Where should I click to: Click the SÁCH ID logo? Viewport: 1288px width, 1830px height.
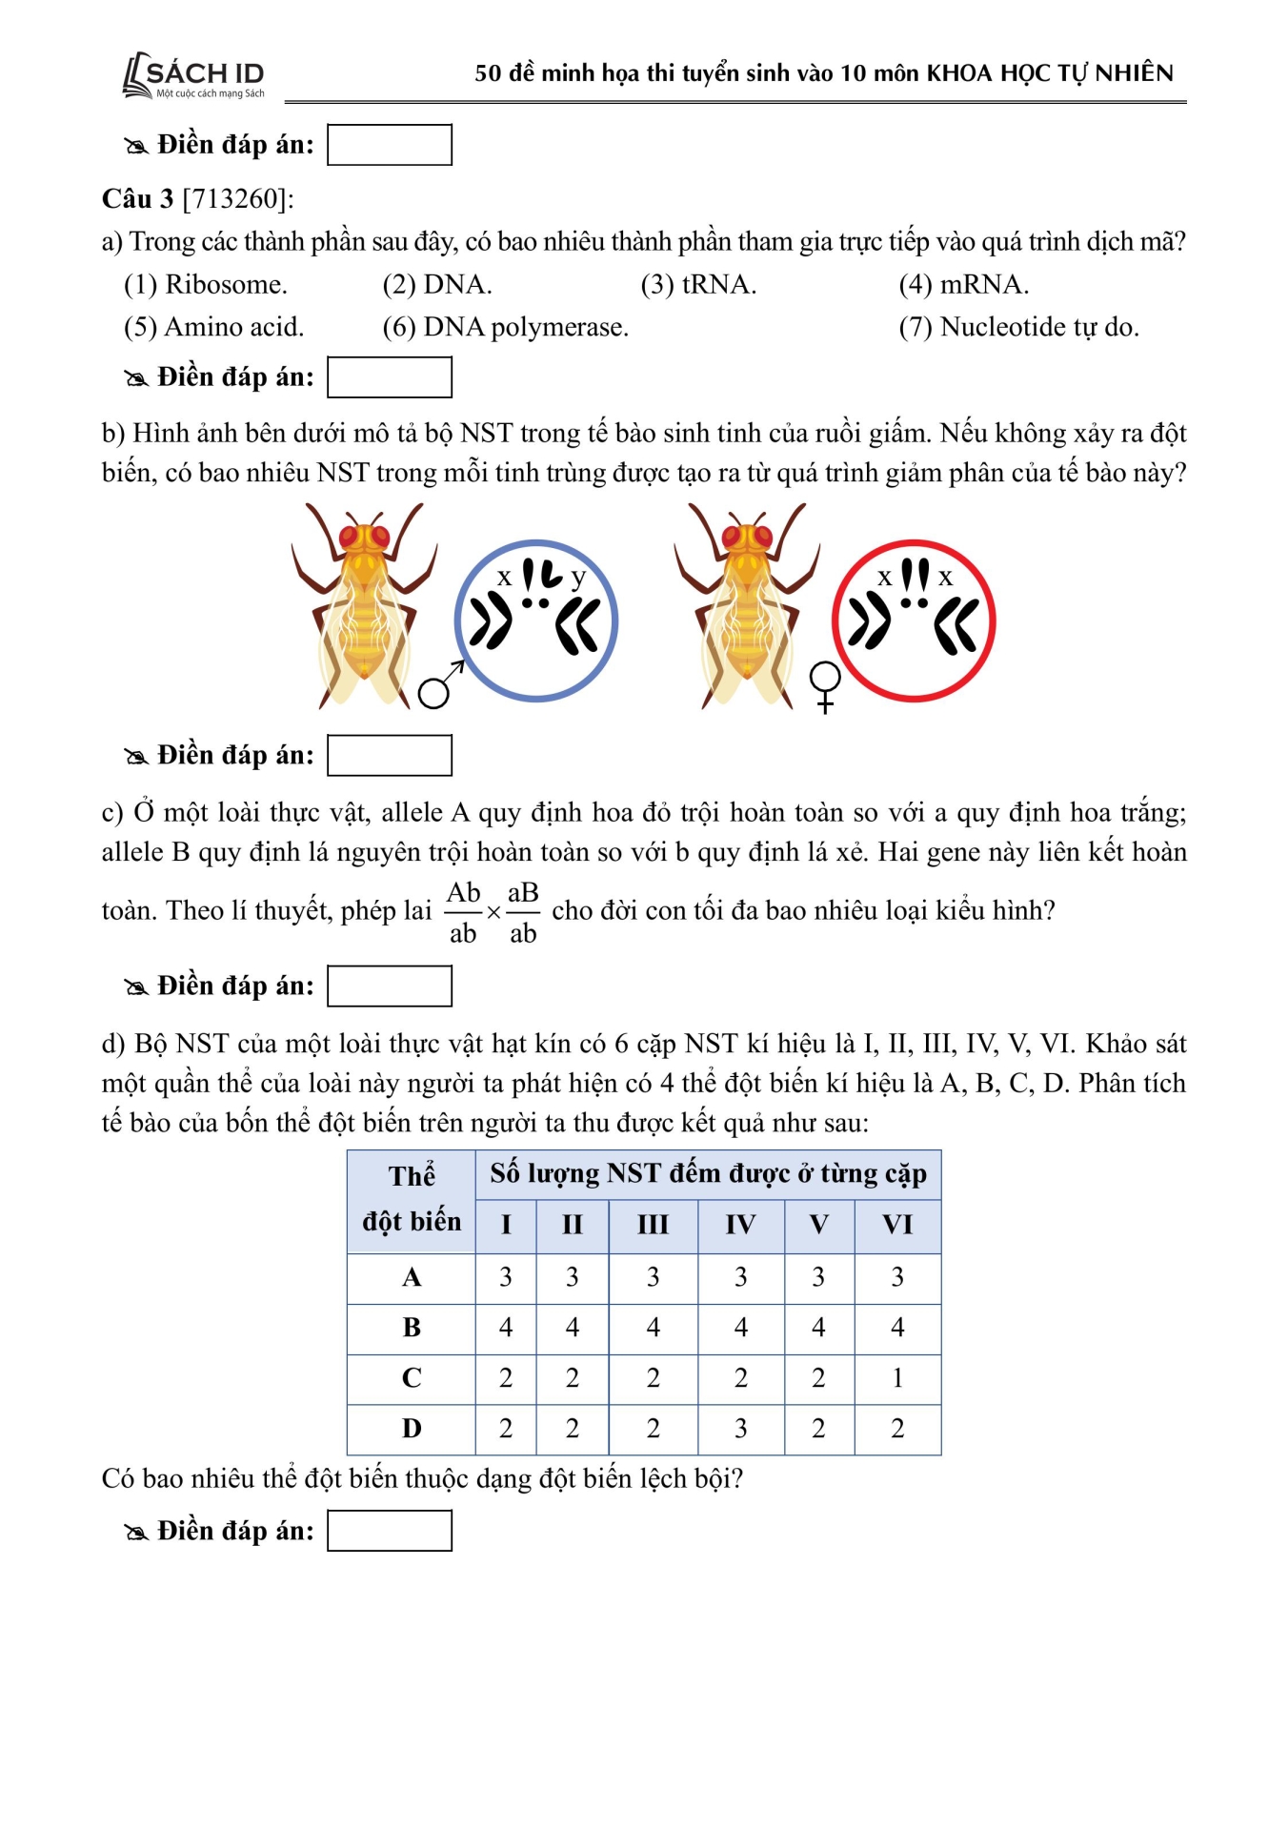coord(194,75)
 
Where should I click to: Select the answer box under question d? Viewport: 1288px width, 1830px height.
coord(389,1530)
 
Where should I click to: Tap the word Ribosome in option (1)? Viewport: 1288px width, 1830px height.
coord(226,284)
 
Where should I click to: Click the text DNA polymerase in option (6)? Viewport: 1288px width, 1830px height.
coord(525,327)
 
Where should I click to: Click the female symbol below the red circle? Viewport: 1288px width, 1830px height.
coord(825,685)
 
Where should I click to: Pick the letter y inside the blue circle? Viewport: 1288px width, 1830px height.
coord(577,578)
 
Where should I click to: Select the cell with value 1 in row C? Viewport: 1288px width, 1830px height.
coord(896,1377)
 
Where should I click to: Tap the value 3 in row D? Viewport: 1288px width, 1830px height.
coord(740,1428)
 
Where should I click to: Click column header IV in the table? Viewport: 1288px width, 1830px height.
coord(740,1225)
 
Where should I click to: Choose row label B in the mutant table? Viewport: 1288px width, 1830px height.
coord(412,1327)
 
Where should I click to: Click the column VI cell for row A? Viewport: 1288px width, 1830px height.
coord(896,1276)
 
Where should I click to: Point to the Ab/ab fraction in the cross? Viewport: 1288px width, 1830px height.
coord(463,912)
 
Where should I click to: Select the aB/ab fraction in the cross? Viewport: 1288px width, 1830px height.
coord(523,912)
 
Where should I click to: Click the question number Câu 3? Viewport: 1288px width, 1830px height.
coord(138,198)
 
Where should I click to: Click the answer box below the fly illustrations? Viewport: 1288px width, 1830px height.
coord(389,755)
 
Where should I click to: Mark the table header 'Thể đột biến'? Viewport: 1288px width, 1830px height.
coord(412,1199)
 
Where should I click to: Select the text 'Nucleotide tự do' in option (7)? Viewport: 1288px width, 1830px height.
coord(1039,327)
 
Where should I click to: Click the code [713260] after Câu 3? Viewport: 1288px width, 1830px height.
coord(237,198)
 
